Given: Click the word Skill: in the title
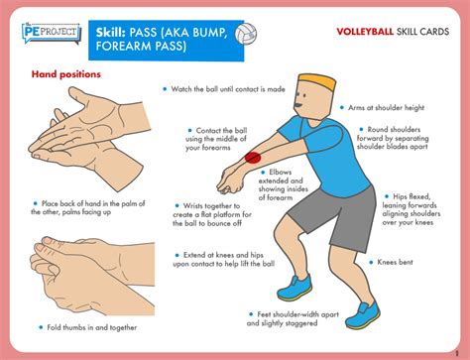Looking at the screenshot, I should (118, 35).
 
